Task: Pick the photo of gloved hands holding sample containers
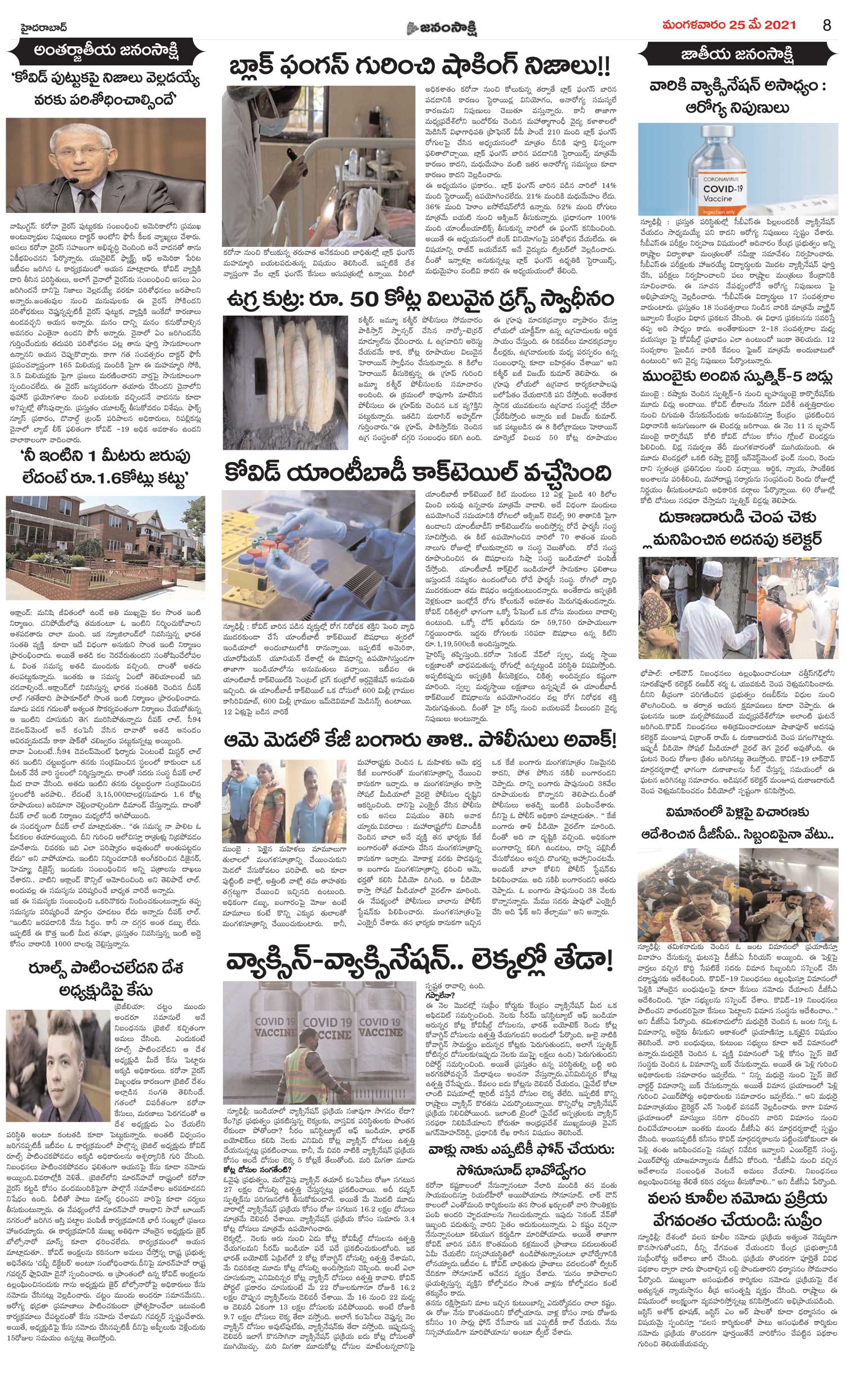319,555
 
